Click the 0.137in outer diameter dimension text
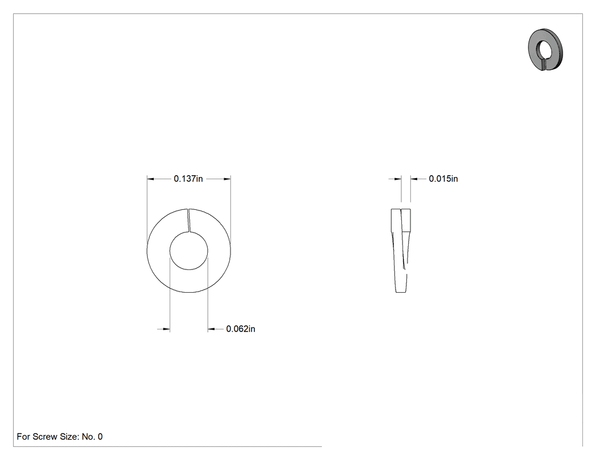[x=188, y=179]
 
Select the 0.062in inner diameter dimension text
[x=241, y=329]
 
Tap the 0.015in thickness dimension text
[x=443, y=179]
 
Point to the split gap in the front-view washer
[x=188, y=220]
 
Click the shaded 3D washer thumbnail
[x=545, y=49]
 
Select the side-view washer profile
[x=401, y=251]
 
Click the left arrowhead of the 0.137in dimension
[x=150, y=179]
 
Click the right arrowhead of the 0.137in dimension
[x=227, y=179]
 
